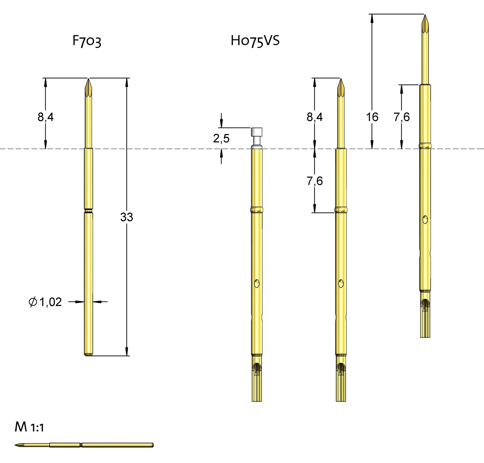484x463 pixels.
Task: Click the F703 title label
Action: pos(87,41)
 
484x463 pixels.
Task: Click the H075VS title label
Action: pos(255,41)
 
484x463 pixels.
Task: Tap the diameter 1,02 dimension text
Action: pos(45,302)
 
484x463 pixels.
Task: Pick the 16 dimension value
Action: pos(372,117)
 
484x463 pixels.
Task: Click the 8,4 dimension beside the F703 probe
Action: pos(46,117)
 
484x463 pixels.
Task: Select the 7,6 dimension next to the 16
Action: pos(402,117)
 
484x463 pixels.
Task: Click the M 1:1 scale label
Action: pos(29,427)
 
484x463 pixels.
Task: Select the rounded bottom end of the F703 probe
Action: pos(88,354)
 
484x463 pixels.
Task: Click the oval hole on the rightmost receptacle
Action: pos(425,219)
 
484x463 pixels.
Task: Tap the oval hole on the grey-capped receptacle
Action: pos(257,283)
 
